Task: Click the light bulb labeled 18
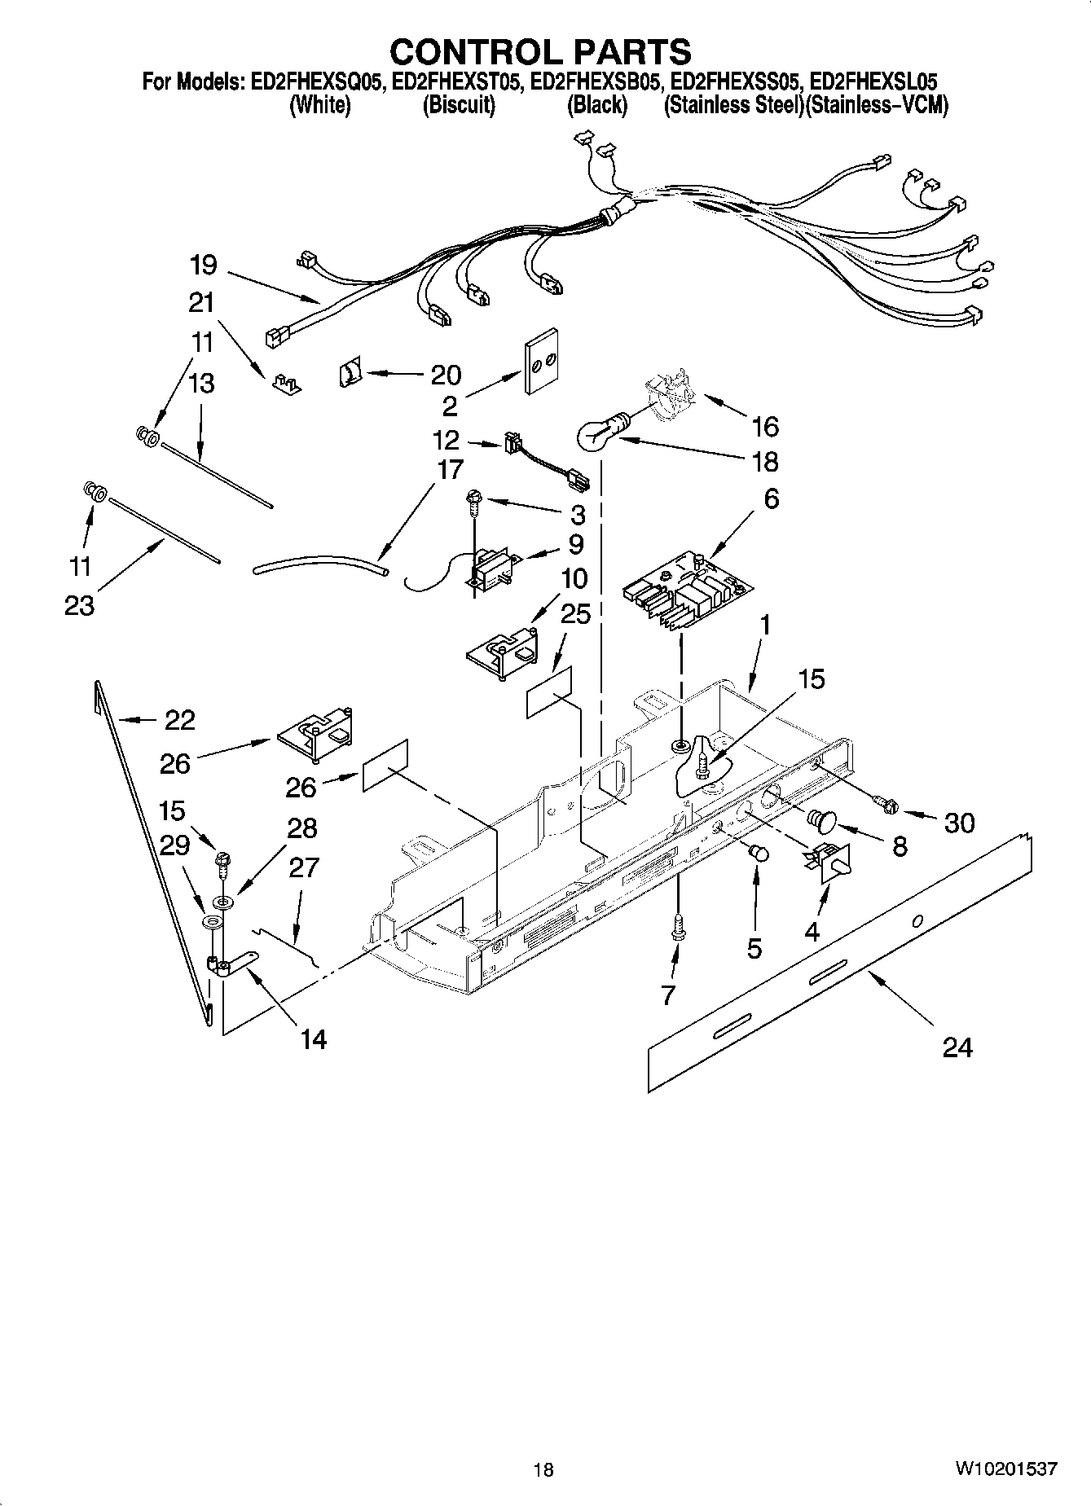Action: pyautogui.click(x=600, y=434)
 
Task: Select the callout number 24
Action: pyautogui.click(x=957, y=1047)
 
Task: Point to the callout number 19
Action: pyautogui.click(x=204, y=266)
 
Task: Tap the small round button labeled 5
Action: pyautogui.click(x=759, y=854)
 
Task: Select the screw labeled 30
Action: pyautogui.click(x=886, y=806)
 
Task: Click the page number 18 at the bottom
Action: pyautogui.click(x=543, y=1470)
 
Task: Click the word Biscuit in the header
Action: pyautogui.click(x=459, y=106)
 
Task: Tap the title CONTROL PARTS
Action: pyautogui.click(x=540, y=52)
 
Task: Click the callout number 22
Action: pyautogui.click(x=180, y=720)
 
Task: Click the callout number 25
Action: pyautogui.click(x=575, y=613)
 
